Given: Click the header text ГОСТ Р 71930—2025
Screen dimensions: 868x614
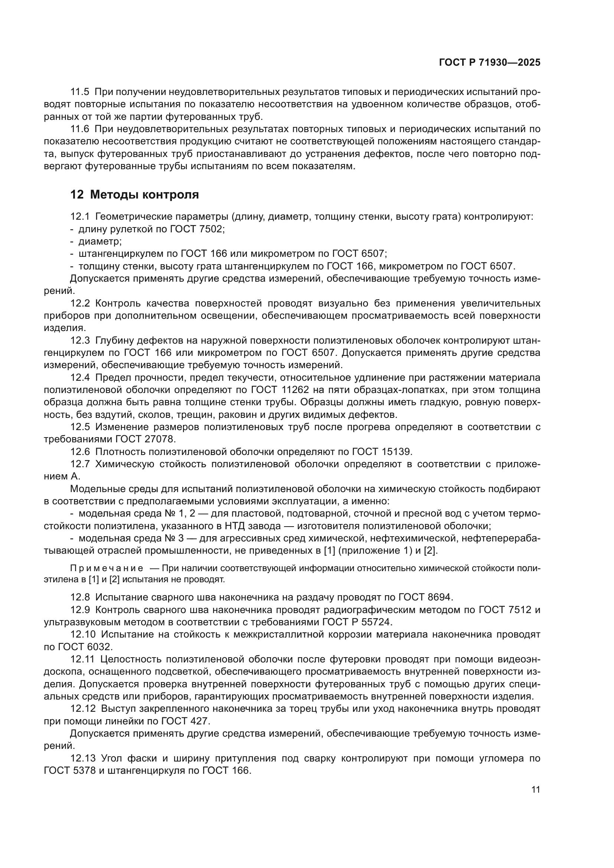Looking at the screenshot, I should [x=490, y=63].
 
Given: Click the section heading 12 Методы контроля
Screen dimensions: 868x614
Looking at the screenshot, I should [x=135, y=195].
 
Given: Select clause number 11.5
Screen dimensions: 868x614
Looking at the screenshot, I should [x=80, y=92].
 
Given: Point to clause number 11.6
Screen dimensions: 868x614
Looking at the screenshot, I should [x=80, y=129].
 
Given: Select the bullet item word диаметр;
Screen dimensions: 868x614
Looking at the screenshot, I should [x=100, y=241].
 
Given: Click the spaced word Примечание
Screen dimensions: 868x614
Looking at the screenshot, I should [x=107, y=569].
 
